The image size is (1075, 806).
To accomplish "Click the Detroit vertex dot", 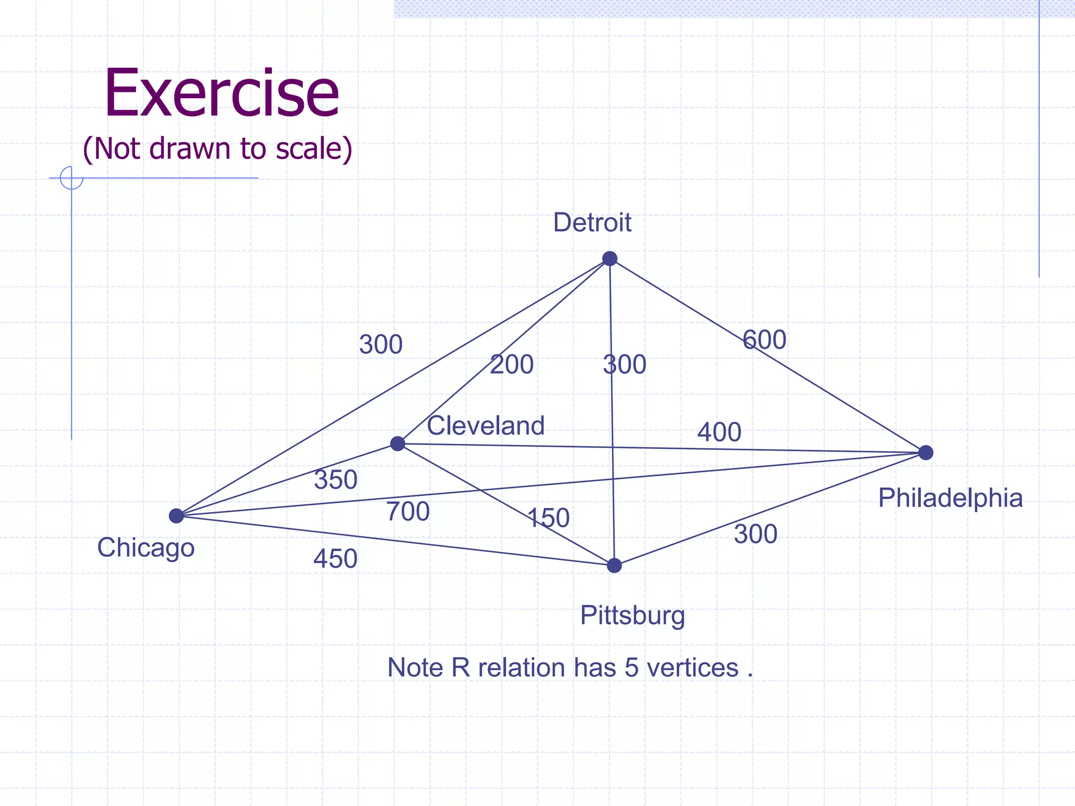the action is (609, 258).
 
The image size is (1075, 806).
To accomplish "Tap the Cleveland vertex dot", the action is (398, 443).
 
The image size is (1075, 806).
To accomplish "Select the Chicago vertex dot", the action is (176, 516).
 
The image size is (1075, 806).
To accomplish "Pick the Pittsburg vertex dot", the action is (614, 565).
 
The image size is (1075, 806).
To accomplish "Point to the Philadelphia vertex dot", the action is (926, 452).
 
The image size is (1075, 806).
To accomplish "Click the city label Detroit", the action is (592, 222).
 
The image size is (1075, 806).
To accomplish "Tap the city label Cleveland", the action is (486, 426).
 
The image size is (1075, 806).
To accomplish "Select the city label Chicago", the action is (146, 548).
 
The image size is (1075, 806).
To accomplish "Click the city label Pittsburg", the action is (633, 615).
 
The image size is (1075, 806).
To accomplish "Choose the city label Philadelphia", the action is (951, 498).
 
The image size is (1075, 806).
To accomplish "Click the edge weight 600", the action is (765, 340).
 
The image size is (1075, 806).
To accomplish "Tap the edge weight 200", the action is (512, 364).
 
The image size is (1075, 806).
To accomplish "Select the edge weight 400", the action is (719, 432).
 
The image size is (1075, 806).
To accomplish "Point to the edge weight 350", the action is (336, 480).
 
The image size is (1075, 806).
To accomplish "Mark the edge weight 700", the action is (408, 512).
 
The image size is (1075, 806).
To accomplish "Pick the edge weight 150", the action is (549, 518).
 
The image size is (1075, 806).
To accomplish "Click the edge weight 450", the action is (335, 559).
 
